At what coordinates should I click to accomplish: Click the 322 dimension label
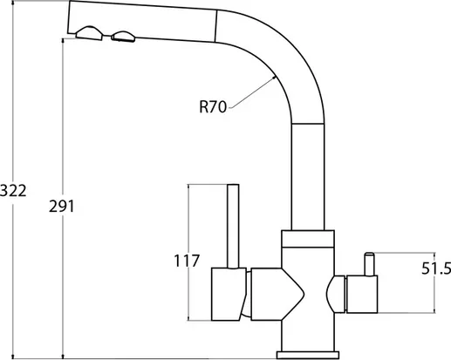(13, 191)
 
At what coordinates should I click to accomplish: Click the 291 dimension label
(62, 207)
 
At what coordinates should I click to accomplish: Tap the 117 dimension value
(187, 261)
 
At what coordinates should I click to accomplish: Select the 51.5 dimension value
(436, 268)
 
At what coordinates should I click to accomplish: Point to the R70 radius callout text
(213, 106)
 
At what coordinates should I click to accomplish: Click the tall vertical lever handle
(233, 226)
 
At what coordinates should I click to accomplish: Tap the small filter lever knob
(369, 264)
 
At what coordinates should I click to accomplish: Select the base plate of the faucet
(308, 355)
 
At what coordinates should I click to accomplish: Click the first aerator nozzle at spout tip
(89, 33)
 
